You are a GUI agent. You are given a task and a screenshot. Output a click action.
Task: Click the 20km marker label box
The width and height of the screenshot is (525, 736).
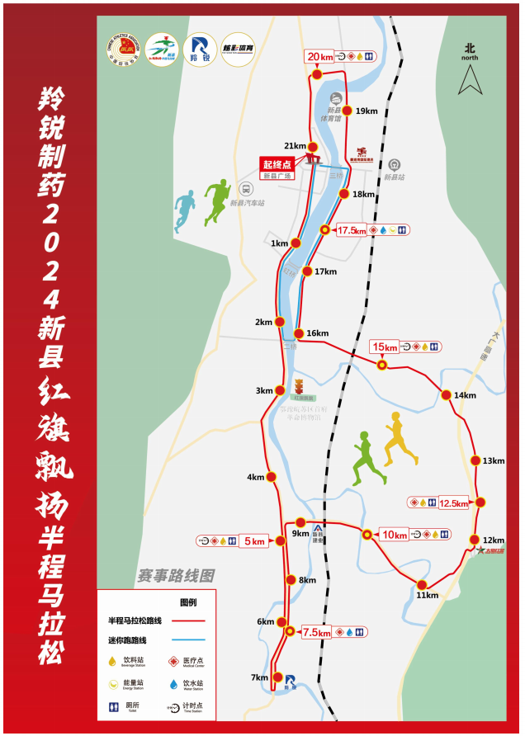(x=319, y=57)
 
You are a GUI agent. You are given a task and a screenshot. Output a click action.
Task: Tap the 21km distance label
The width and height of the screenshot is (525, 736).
(x=295, y=145)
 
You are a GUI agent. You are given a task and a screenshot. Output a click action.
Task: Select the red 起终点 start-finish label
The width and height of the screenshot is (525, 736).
(x=278, y=163)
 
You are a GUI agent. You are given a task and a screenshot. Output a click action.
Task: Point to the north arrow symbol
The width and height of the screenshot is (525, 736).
(x=471, y=80)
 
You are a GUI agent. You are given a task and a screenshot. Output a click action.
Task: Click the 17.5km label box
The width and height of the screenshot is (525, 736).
(x=351, y=230)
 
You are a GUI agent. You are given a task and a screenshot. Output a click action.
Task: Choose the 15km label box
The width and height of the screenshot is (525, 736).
(x=385, y=347)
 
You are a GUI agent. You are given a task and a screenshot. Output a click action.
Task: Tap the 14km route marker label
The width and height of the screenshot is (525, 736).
(x=465, y=395)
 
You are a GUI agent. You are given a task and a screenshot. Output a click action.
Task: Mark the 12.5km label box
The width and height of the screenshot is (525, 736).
(x=453, y=502)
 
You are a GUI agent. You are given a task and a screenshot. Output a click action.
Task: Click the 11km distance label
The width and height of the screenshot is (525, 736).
(x=427, y=595)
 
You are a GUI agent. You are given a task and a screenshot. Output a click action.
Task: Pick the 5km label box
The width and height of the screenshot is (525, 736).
(x=255, y=541)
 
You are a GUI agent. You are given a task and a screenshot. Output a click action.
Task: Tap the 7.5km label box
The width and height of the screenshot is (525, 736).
(x=316, y=633)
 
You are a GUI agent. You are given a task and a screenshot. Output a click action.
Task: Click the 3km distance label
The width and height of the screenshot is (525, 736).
(x=264, y=390)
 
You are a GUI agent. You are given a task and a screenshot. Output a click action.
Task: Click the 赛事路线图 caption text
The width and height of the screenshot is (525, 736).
(x=176, y=574)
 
